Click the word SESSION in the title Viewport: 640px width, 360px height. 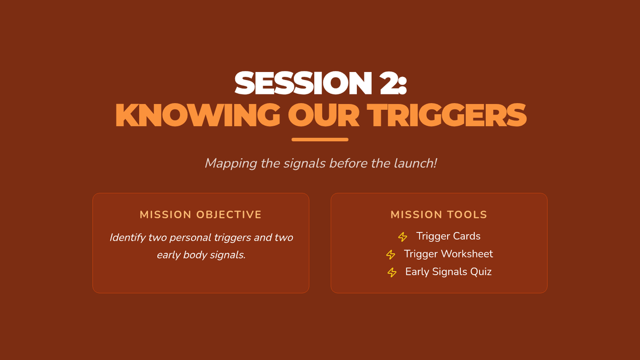pos(303,83)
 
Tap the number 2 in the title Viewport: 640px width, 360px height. pos(390,83)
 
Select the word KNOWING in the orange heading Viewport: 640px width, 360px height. pos(198,115)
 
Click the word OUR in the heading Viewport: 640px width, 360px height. pos(323,115)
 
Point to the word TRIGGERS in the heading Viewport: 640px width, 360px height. pos(446,115)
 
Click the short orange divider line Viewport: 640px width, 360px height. pos(320,139)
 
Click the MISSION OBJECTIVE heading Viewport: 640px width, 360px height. pos(201,214)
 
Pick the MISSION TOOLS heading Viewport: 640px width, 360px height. pos(439,214)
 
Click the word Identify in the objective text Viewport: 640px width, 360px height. pos(127,238)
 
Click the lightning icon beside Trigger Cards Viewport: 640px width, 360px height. pos(403,237)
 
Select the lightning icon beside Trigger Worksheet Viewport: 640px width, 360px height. pos(390,254)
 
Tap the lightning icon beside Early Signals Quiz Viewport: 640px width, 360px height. pos(392,273)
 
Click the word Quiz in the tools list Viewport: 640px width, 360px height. pos(481,271)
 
